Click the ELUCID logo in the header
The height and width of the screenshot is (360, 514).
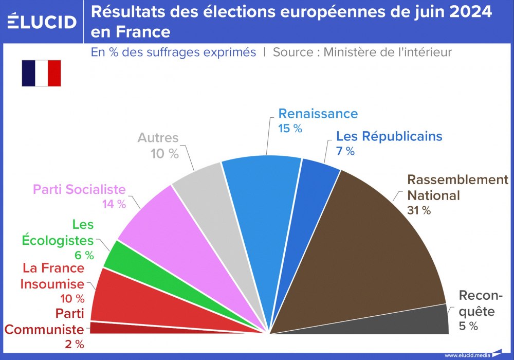click(42, 22)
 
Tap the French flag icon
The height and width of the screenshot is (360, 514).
click(41, 73)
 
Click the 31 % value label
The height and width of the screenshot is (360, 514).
click(419, 210)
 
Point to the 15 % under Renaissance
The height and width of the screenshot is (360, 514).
click(290, 129)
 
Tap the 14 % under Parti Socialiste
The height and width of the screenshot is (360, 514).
click(114, 204)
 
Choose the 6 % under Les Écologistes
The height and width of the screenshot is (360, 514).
click(83, 255)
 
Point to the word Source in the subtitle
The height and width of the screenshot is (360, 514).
click(296, 52)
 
